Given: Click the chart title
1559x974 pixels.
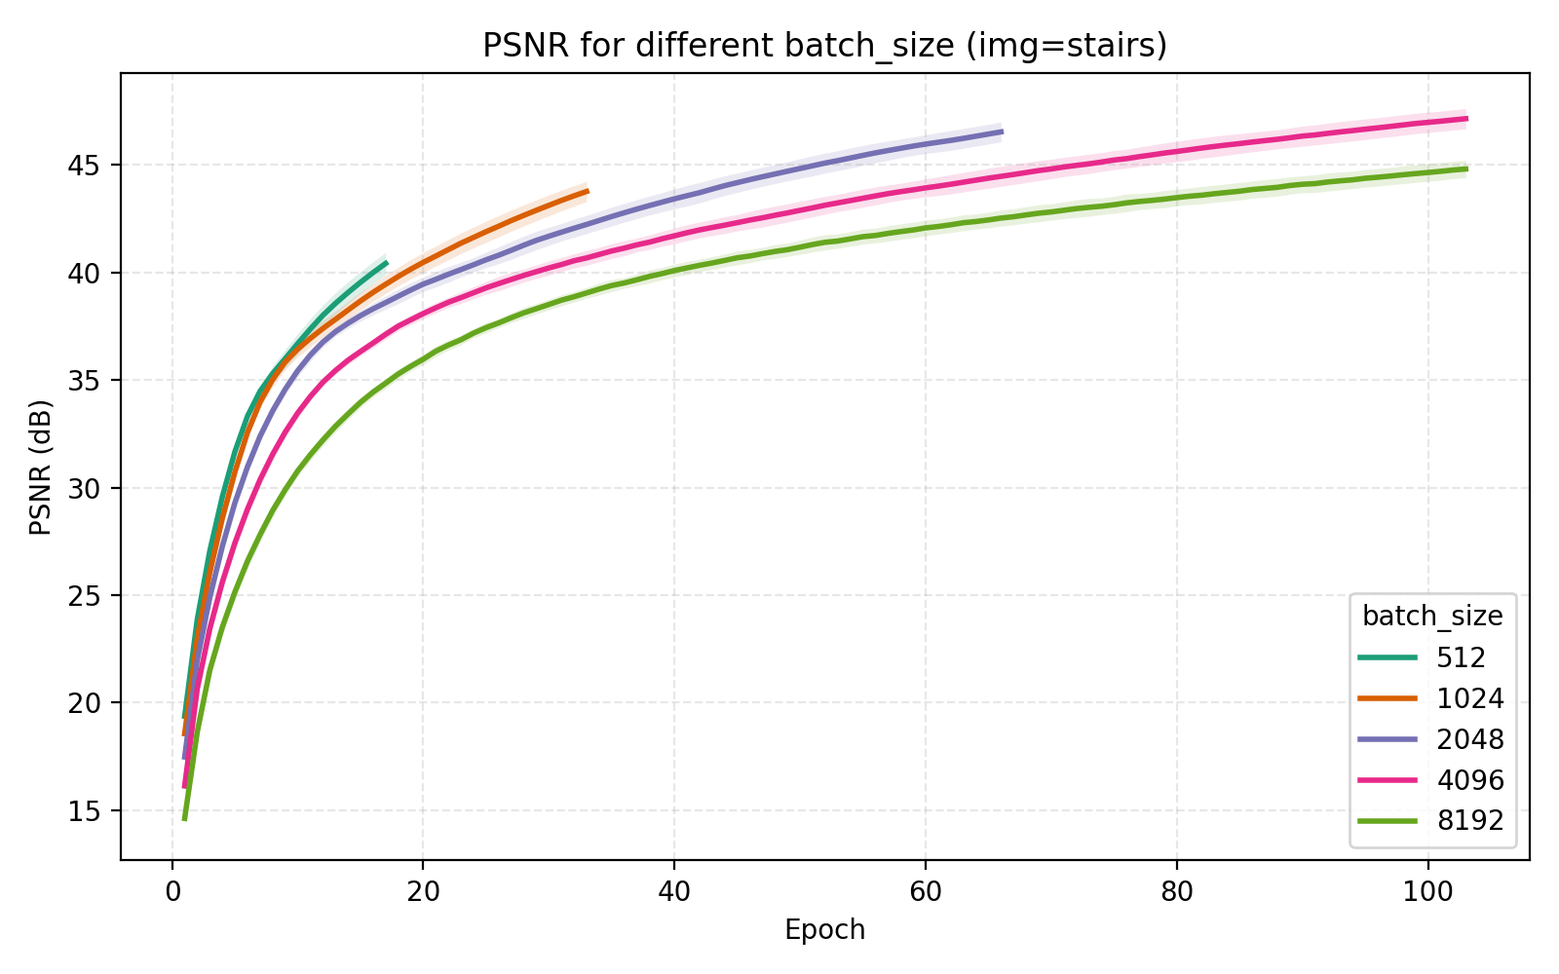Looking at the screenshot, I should pos(824,46).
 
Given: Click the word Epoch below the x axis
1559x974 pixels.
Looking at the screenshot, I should pos(824,930).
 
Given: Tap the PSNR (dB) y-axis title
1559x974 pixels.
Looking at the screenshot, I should pos(40,467).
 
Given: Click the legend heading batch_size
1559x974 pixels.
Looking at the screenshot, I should pos(1431,616).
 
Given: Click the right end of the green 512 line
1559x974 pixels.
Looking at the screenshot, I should pos(387,262).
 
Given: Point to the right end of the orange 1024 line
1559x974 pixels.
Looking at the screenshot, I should pos(588,191).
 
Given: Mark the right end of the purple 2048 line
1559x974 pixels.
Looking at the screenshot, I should pos(1002,131).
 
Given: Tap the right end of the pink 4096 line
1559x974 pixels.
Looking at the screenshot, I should pos(1466,119).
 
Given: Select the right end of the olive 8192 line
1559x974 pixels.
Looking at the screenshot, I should pos(1466,169).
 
